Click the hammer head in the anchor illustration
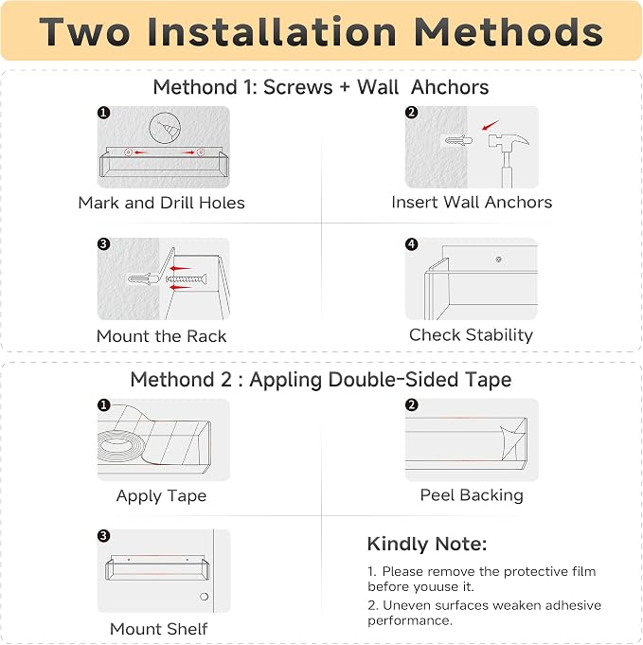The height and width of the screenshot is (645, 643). (509, 142)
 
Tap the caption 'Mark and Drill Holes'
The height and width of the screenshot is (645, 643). (161, 203)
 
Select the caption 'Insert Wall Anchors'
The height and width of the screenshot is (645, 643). (472, 202)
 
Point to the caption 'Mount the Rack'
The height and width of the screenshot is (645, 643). (161, 336)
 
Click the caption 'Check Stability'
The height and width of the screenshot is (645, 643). (471, 335)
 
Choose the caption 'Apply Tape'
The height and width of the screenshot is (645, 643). (161, 495)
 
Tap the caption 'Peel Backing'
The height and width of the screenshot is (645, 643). (472, 494)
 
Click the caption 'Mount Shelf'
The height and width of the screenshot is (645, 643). (159, 629)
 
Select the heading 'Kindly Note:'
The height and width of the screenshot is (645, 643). (427, 544)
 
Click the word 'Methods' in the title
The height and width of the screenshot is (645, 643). (509, 31)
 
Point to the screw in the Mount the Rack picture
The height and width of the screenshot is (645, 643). (187, 279)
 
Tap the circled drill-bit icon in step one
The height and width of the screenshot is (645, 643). (165, 128)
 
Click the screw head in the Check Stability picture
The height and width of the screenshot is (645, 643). (499, 260)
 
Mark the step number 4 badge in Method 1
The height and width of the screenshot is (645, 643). (411, 244)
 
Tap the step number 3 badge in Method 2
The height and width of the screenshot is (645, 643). (103, 535)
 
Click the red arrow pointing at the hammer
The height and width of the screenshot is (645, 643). (491, 125)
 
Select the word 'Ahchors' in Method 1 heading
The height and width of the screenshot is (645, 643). (450, 87)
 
